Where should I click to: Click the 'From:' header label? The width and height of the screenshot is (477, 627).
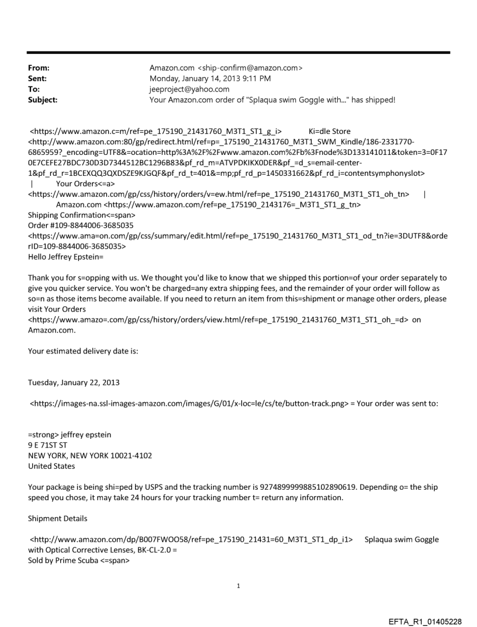tap(39, 68)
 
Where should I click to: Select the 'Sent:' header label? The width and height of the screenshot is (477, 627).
tap(37, 78)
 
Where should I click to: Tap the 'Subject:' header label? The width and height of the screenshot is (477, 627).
tap(42, 100)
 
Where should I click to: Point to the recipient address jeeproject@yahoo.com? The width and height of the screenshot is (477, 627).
tap(189, 89)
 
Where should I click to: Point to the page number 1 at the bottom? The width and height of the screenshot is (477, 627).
tap(238, 586)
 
